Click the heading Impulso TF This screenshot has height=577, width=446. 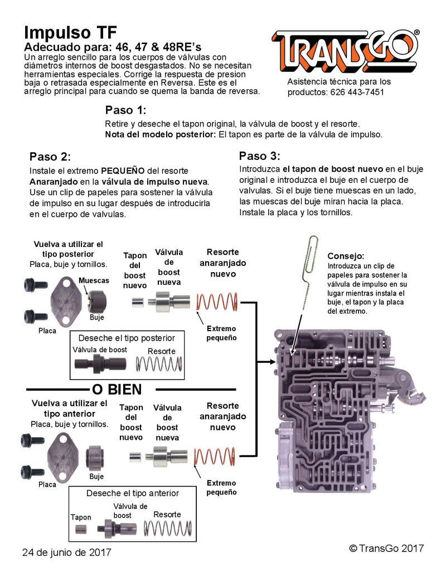70,31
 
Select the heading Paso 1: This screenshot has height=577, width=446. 125,110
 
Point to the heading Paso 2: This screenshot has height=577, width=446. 50,156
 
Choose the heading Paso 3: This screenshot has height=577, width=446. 260,156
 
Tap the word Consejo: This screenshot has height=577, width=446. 346,256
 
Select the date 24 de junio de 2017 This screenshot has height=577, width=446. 66,552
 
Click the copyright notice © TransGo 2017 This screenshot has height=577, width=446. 386,549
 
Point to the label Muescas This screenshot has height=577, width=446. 94,280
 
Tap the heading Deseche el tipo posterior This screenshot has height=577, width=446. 127,338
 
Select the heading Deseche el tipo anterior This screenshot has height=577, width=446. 132,493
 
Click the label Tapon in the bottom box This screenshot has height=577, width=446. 81,517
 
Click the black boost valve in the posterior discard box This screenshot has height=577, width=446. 100,364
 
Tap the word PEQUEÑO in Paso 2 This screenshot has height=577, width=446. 124,171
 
